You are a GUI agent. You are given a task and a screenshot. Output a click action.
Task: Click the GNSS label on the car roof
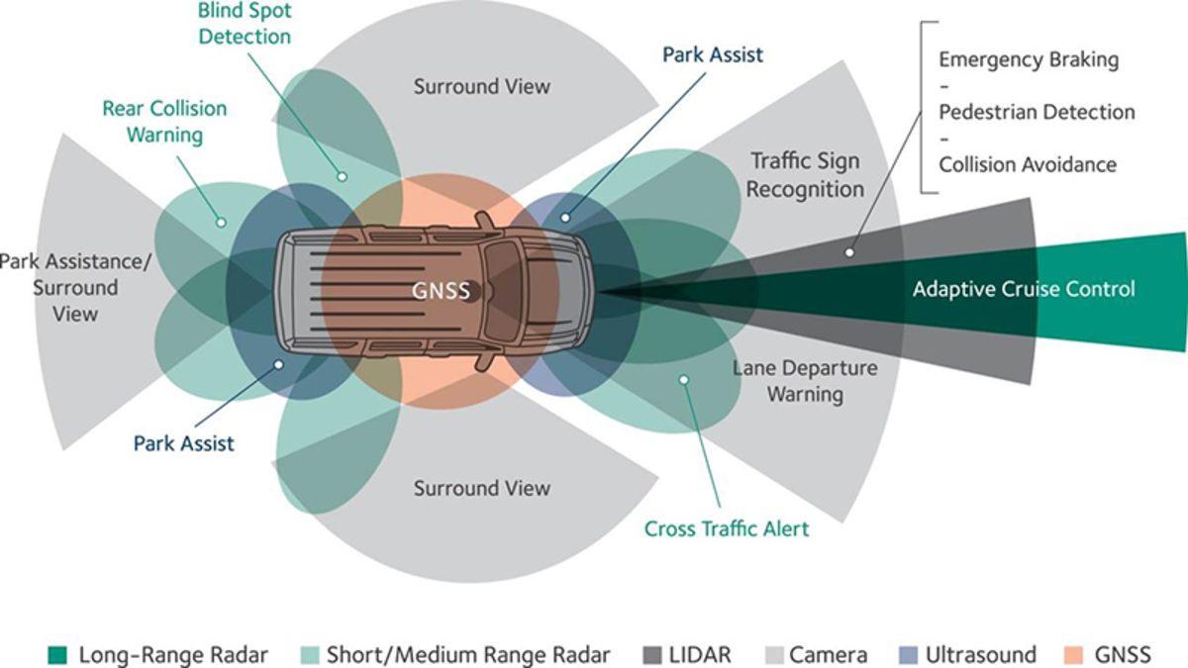coord(442,291)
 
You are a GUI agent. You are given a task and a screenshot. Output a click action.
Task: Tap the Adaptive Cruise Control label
coord(1024,289)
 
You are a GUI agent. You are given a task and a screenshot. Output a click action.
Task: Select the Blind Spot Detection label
coord(245,24)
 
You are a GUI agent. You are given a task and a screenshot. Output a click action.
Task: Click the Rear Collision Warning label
coord(164,121)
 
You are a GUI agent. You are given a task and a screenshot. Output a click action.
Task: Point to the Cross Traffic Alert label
coord(727,528)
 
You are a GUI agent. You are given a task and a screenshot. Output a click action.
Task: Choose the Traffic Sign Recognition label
coord(805,174)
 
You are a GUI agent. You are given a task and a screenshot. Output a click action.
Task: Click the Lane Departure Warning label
coord(804,381)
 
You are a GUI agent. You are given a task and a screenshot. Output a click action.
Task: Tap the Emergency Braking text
coord(1029,59)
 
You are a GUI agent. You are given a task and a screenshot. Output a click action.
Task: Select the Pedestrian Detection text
coord(1037,112)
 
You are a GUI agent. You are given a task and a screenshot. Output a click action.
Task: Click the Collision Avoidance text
coord(1028,164)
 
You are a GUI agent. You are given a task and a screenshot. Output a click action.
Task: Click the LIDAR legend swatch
coord(653,655)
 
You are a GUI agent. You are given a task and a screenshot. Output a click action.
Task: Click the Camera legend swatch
coord(776,655)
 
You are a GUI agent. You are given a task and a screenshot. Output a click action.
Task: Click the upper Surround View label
coord(482,86)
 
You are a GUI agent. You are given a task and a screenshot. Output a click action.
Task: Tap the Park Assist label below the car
coord(184,442)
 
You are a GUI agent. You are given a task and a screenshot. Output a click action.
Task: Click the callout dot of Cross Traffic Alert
coord(682,380)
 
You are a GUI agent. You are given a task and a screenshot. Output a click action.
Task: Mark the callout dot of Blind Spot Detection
coord(343,177)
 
